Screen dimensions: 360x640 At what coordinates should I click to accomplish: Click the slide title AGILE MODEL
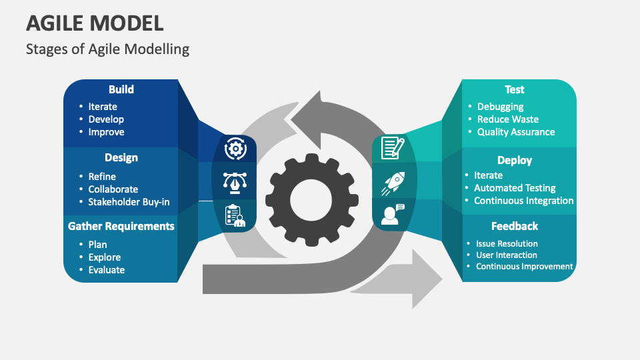[95, 23]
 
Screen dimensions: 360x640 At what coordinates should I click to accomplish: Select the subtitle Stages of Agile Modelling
[107, 49]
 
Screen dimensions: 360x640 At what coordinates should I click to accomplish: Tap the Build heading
[121, 89]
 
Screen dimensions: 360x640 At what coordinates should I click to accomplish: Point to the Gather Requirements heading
[121, 226]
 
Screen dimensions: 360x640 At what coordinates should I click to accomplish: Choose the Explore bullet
[105, 257]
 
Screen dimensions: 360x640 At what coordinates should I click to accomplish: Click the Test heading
[514, 89]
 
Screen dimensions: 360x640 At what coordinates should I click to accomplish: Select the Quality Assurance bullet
[515, 132]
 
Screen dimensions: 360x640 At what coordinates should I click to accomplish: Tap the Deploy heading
[514, 160]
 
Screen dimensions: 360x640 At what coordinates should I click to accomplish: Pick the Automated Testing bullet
[514, 188]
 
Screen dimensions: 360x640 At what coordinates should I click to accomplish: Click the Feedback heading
[514, 226]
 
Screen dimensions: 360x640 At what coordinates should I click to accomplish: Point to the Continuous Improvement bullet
[524, 266]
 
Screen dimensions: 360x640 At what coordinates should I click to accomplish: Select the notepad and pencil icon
[392, 147]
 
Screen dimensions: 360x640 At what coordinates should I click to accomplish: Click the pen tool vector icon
[235, 181]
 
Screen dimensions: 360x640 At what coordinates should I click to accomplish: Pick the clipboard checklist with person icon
[235, 215]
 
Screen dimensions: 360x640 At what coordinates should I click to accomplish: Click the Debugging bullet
[500, 107]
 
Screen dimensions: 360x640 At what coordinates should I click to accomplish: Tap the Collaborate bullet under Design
[113, 189]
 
